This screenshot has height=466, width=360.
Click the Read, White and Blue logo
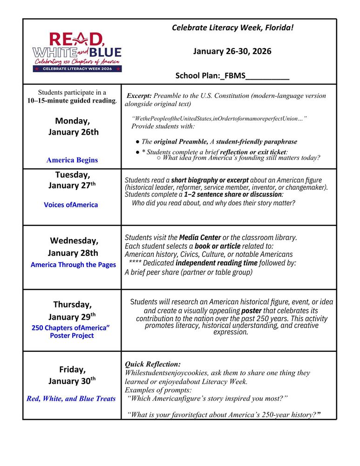click(77, 51)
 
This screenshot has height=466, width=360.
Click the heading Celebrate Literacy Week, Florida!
click(232, 27)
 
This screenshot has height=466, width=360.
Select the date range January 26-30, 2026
click(232, 51)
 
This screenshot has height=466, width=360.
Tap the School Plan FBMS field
click(232, 75)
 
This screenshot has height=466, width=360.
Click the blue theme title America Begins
click(72, 160)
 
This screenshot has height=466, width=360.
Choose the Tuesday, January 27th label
click(72, 180)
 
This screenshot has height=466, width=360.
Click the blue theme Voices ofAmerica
click(71, 205)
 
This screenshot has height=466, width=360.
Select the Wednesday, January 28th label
click(74, 247)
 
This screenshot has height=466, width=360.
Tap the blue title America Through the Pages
click(73, 265)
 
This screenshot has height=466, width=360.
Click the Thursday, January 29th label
click(72, 311)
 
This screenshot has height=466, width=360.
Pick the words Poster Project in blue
click(72, 336)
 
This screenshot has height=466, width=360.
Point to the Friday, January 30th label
click(72, 375)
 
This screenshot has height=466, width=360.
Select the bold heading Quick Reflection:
click(153, 364)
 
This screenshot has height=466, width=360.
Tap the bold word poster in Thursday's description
click(251, 310)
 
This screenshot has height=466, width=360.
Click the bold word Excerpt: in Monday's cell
click(139, 96)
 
